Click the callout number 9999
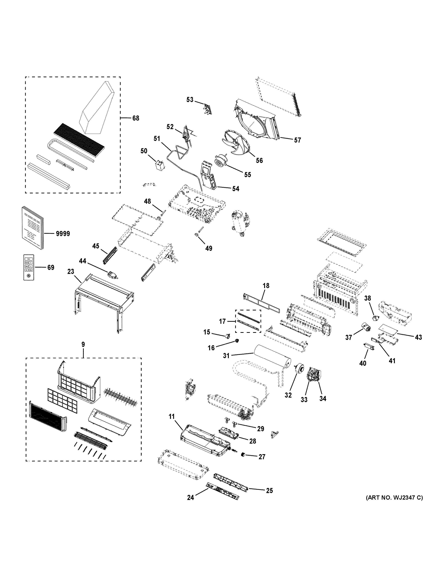coord(63,234)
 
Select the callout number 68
coord(135,118)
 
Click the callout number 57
coord(297,140)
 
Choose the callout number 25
coord(269,491)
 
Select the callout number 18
coord(266,286)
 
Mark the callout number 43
coord(418,337)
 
